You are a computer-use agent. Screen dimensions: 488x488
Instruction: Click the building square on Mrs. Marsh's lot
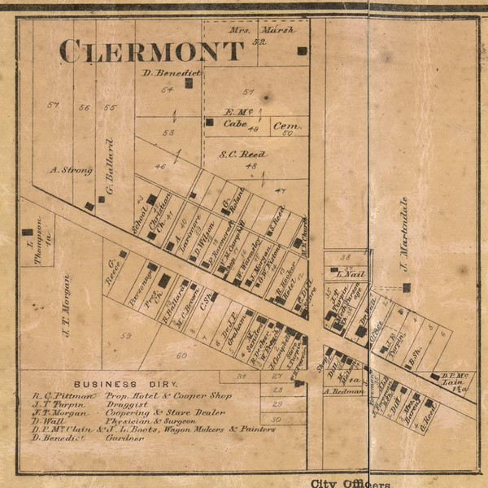[302, 50]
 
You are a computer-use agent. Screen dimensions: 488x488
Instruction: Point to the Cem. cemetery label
[284, 126]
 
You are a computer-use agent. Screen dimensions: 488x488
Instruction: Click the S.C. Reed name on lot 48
[242, 153]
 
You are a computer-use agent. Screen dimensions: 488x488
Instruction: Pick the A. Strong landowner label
[71, 170]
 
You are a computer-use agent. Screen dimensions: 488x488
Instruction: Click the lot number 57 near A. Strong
[54, 105]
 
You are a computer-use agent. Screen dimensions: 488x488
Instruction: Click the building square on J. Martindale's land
[406, 287]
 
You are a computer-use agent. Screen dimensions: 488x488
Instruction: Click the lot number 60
[181, 355]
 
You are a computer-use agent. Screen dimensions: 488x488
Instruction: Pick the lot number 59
[125, 335]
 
